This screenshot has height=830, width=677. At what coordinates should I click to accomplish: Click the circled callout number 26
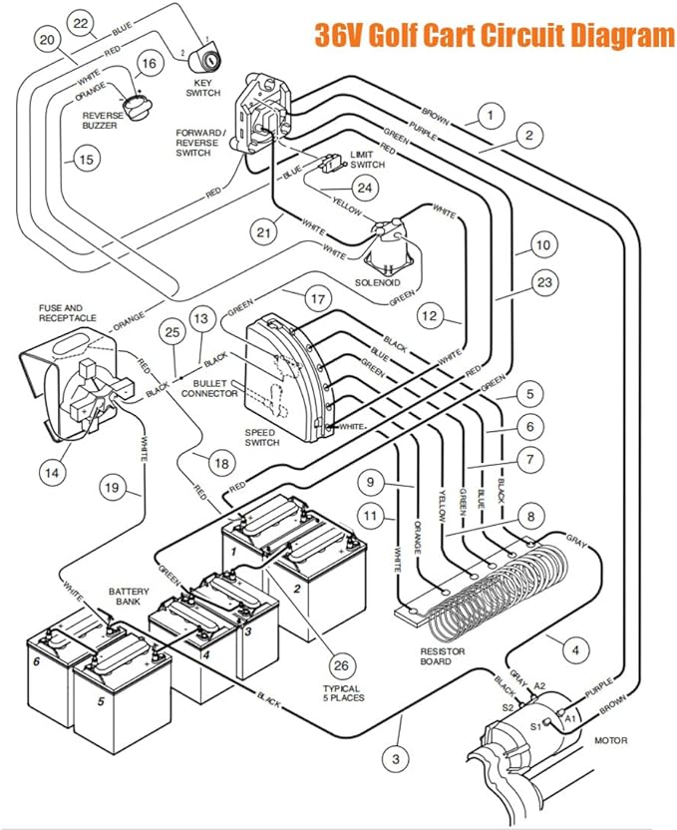point(342,664)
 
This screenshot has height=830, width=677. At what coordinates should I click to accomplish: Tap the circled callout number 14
point(52,472)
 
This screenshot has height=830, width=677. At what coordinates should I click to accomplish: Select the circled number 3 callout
point(396,759)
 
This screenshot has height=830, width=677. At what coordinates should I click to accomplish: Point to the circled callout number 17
point(318,299)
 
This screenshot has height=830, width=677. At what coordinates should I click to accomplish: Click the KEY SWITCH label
point(202,88)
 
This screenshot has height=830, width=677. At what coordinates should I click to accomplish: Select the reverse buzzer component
point(137,106)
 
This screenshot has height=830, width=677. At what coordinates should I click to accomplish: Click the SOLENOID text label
point(378,282)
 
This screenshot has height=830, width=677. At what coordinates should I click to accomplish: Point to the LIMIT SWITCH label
point(367,160)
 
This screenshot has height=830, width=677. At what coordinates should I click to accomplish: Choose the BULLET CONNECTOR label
point(209,388)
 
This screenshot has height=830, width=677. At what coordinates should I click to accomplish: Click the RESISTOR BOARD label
point(443,656)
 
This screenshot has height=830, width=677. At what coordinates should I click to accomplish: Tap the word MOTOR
point(611,740)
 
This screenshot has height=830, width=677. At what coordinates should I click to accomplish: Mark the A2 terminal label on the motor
point(539,686)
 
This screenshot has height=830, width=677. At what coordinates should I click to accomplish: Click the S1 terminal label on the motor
point(535,727)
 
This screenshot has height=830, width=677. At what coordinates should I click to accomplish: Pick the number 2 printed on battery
point(297,589)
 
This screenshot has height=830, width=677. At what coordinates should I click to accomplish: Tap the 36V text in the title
point(337,36)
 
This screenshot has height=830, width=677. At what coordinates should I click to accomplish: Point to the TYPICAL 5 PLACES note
point(344,693)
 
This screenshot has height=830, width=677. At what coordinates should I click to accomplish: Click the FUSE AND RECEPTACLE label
point(68,313)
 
